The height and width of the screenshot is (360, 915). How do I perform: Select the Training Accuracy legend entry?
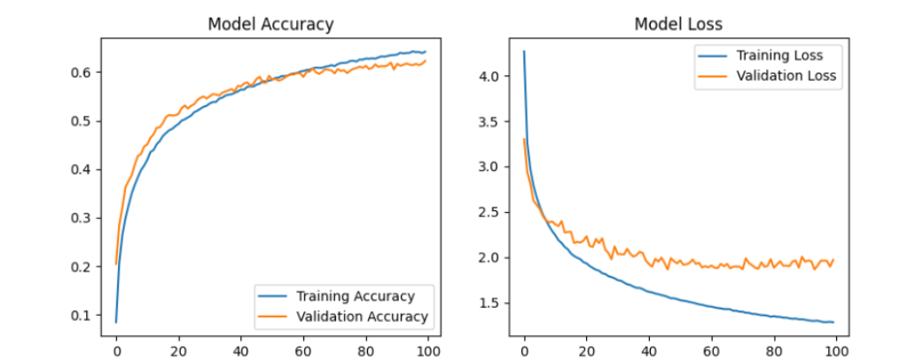pyautogui.click(x=354, y=295)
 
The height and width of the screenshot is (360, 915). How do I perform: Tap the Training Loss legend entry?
pyautogui.click(x=779, y=56)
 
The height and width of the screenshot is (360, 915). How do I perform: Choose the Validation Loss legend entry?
pyautogui.click(x=786, y=76)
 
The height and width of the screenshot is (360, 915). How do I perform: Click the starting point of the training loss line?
pyautogui.click(x=524, y=51)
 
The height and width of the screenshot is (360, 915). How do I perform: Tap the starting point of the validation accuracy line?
pyautogui.click(x=116, y=263)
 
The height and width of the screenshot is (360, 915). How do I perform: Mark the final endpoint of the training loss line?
pyautogui.click(x=833, y=322)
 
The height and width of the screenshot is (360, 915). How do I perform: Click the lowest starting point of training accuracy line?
pyautogui.click(x=116, y=322)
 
